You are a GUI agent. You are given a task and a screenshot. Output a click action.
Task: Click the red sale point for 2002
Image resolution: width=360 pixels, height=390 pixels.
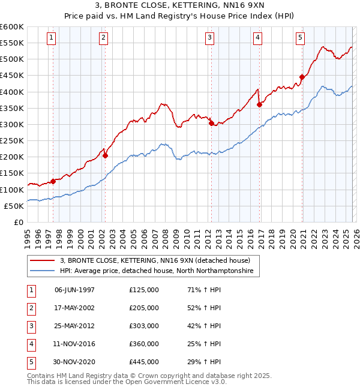[105, 155]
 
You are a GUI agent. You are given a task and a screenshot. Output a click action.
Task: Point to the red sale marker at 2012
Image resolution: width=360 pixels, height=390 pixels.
[211, 124]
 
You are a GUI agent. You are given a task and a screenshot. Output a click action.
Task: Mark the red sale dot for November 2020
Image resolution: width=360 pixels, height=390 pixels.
[302, 77]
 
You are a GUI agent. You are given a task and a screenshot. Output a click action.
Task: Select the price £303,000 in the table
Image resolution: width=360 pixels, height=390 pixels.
[143, 326]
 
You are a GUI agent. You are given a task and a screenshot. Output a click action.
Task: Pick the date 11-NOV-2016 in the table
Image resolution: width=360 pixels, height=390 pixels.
[74, 344]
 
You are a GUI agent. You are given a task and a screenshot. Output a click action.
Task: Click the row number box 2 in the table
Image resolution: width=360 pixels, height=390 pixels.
[30, 308]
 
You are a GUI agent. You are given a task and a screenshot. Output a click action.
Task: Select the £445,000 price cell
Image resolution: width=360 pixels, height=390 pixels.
[143, 362]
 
